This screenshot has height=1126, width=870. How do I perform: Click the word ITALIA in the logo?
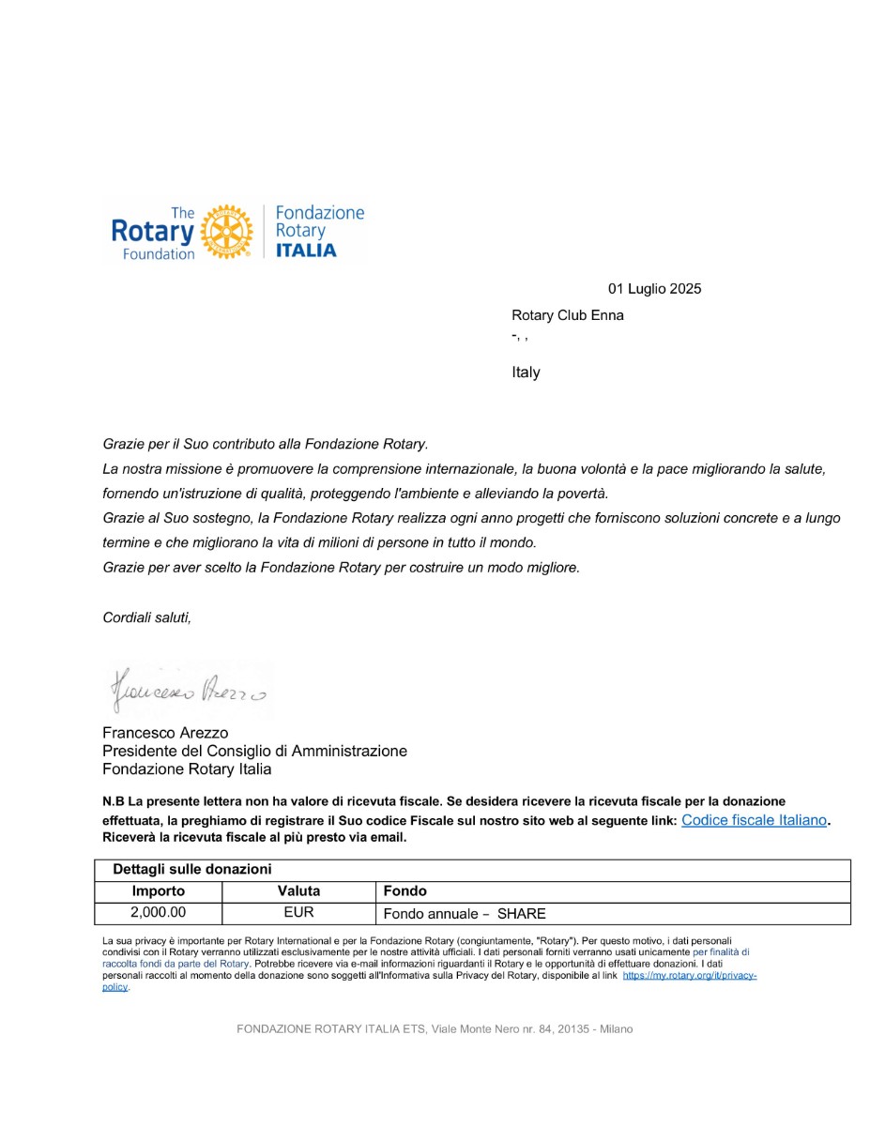(305, 251)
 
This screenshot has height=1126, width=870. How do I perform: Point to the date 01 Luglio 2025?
(654, 289)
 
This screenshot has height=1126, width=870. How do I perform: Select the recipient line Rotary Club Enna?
(567, 315)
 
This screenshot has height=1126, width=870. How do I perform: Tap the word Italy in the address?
(526, 373)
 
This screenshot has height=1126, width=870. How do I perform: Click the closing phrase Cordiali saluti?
(146, 617)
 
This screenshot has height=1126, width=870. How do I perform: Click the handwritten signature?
(187, 691)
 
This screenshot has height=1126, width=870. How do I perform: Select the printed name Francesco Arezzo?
(165, 733)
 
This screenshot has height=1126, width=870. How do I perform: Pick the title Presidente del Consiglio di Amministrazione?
(254, 752)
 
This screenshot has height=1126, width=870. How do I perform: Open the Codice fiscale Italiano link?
(754, 820)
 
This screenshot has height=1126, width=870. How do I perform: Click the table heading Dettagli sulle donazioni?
(192, 870)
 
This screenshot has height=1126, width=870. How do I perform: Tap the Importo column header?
(159, 891)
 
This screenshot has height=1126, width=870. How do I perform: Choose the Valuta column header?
(298, 891)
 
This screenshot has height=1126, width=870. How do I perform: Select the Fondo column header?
(404, 891)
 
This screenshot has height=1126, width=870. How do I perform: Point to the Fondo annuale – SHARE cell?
(465, 914)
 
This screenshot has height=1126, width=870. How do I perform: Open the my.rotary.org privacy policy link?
(689, 976)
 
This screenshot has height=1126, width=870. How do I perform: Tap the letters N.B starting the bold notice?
(114, 802)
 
